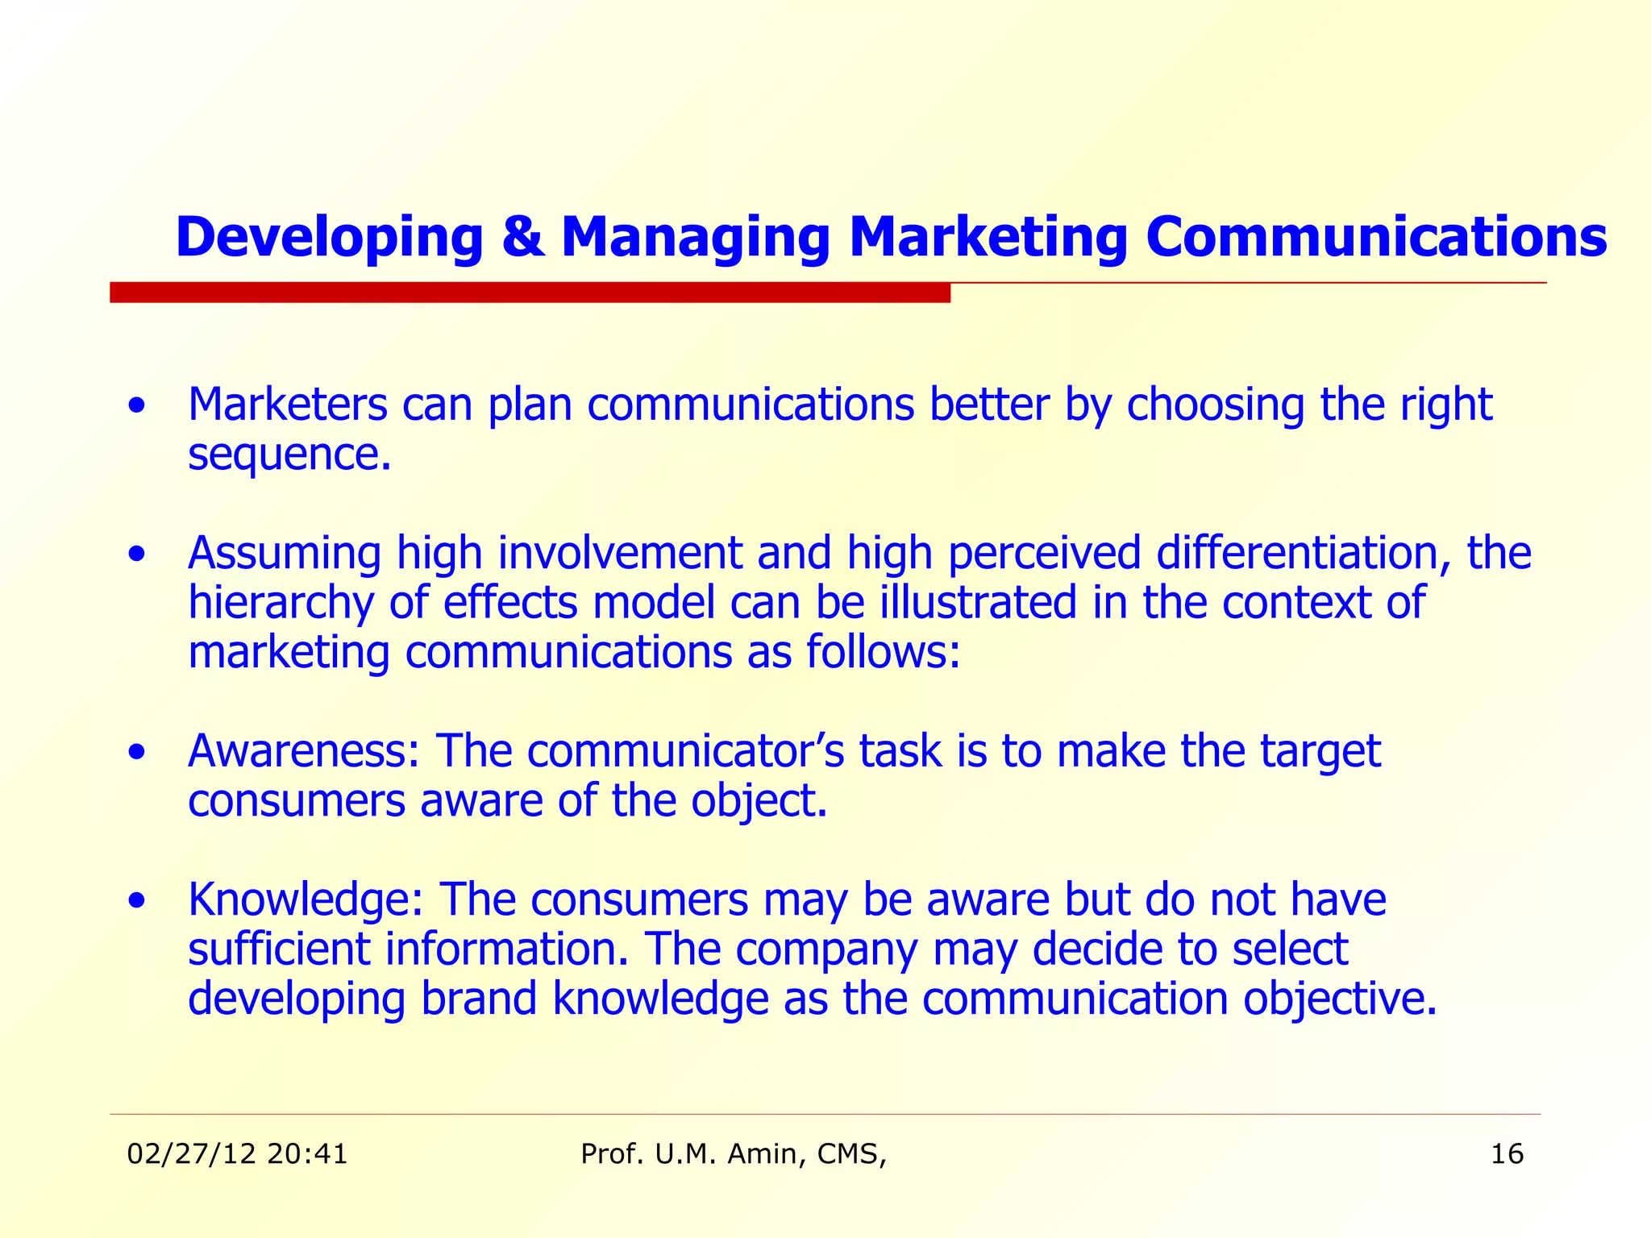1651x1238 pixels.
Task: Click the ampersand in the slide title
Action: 522,238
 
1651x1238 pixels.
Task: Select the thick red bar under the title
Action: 530,293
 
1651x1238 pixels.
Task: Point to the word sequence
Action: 288,455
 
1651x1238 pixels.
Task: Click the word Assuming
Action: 284,554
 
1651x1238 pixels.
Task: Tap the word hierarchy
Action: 281,604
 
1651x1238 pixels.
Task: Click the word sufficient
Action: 279,949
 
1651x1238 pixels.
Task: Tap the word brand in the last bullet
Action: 479,999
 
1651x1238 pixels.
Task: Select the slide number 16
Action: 1507,1154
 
